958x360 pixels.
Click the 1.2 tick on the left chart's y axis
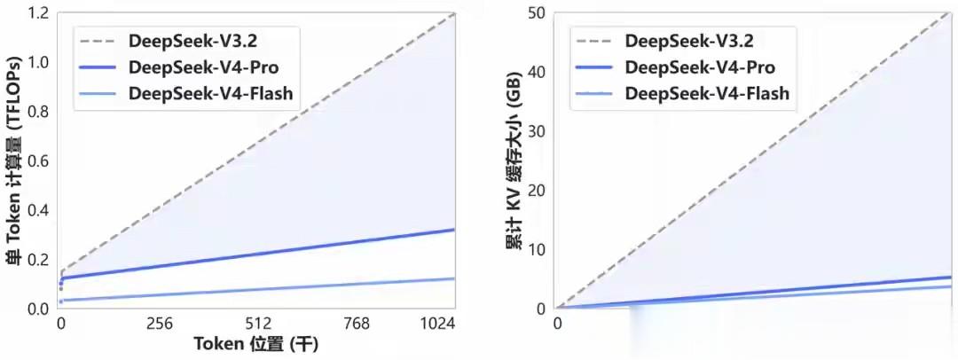click(x=37, y=13)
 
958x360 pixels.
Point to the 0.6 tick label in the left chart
click(x=37, y=160)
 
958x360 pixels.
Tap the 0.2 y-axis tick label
click(x=37, y=259)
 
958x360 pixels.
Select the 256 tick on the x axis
click(x=160, y=325)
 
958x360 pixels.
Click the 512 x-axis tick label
click(x=258, y=325)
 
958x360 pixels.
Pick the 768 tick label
click(x=356, y=325)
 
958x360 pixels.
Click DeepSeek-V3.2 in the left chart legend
click(x=184, y=41)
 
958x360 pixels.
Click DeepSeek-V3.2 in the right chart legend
click(x=680, y=41)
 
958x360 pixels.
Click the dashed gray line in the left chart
click(x=257, y=142)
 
